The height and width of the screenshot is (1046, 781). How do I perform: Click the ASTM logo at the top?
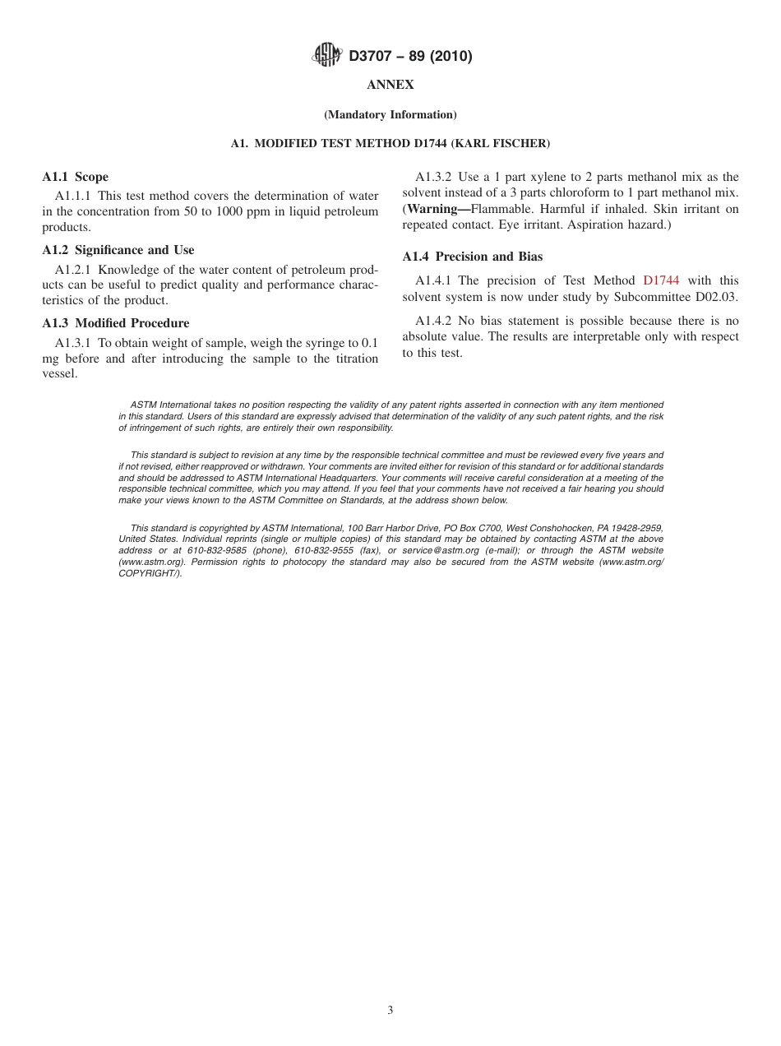326,56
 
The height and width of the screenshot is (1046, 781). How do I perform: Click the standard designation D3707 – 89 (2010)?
410,57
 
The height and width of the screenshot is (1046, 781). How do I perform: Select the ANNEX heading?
390,85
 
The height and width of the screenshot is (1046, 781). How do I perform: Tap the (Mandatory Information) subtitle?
390,115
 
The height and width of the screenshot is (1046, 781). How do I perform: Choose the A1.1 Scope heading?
75,177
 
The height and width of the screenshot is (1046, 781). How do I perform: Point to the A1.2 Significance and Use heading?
118,250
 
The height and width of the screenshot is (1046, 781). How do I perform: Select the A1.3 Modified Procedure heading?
115,323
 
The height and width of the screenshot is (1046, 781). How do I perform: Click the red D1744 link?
661,280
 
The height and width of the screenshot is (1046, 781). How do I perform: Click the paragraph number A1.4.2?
433,321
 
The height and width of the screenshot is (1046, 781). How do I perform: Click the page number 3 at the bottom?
390,1011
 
